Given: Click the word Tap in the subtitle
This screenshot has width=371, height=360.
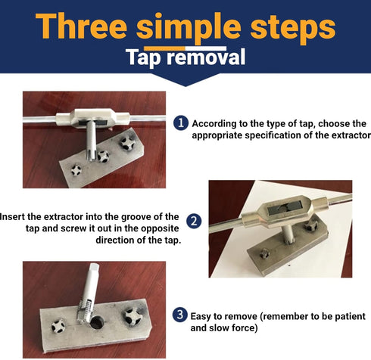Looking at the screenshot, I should [145, 57].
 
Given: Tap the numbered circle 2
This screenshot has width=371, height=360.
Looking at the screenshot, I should [195, 222].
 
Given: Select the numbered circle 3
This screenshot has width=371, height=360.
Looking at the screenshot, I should [180, 314].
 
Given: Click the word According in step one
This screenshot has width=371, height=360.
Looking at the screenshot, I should [218, 123].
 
